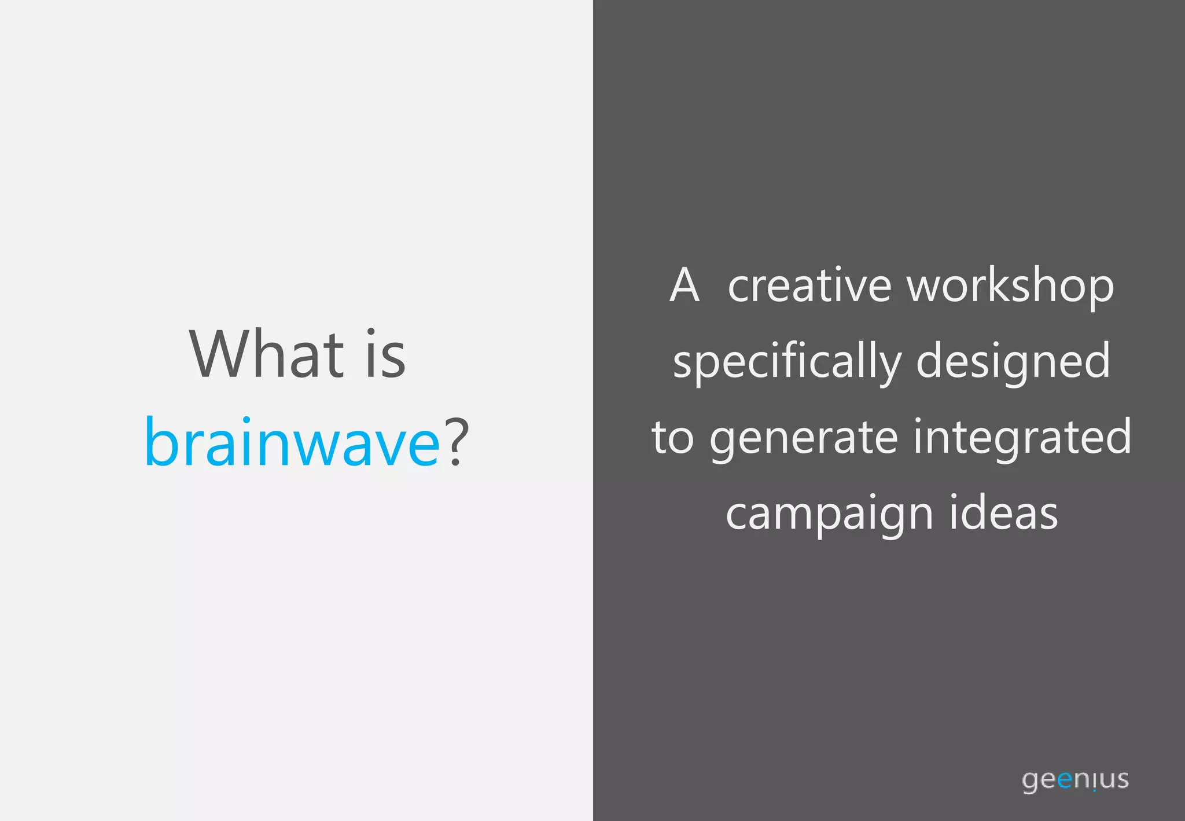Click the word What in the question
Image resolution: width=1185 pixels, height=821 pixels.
tap(267, 354)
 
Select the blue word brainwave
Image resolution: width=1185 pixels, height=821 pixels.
tap(292, 442)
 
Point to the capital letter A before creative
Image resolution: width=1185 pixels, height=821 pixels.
tap(684, 285)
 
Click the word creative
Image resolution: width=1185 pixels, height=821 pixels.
tap(809, 285)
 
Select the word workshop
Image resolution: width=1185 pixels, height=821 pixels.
tap(1010, 287)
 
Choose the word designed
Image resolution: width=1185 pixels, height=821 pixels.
tap(1014, 362)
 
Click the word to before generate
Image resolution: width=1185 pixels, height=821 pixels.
tap(672, 438)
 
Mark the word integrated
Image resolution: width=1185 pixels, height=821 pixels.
tap(1022, 438)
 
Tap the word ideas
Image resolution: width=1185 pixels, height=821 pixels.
tap(1003, 513)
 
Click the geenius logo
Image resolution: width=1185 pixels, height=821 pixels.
tap(1075, 780)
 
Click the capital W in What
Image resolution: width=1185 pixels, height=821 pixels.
tap(218, 354)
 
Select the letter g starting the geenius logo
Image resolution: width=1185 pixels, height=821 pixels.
tap(1030, 782)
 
